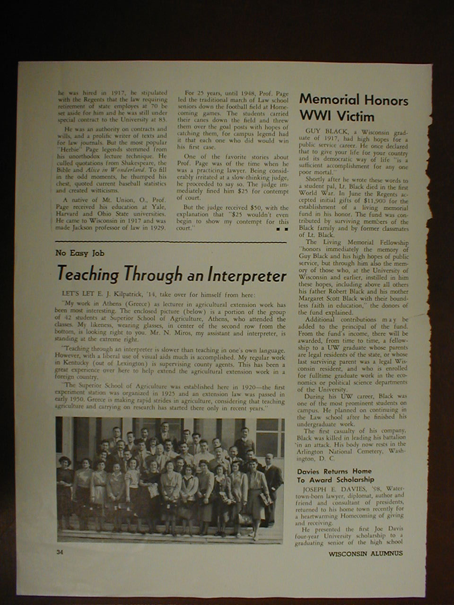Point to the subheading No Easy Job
point(80,253)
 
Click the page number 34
point(60,552)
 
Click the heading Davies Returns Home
point(334,471)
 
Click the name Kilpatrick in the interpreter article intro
point(125,295)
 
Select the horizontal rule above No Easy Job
point(171,242)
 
